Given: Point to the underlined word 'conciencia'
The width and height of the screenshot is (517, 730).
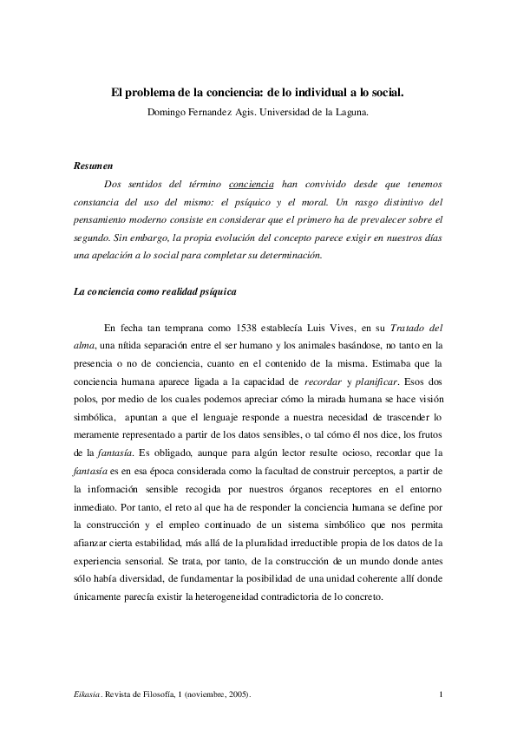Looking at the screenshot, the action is click(252, 186).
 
